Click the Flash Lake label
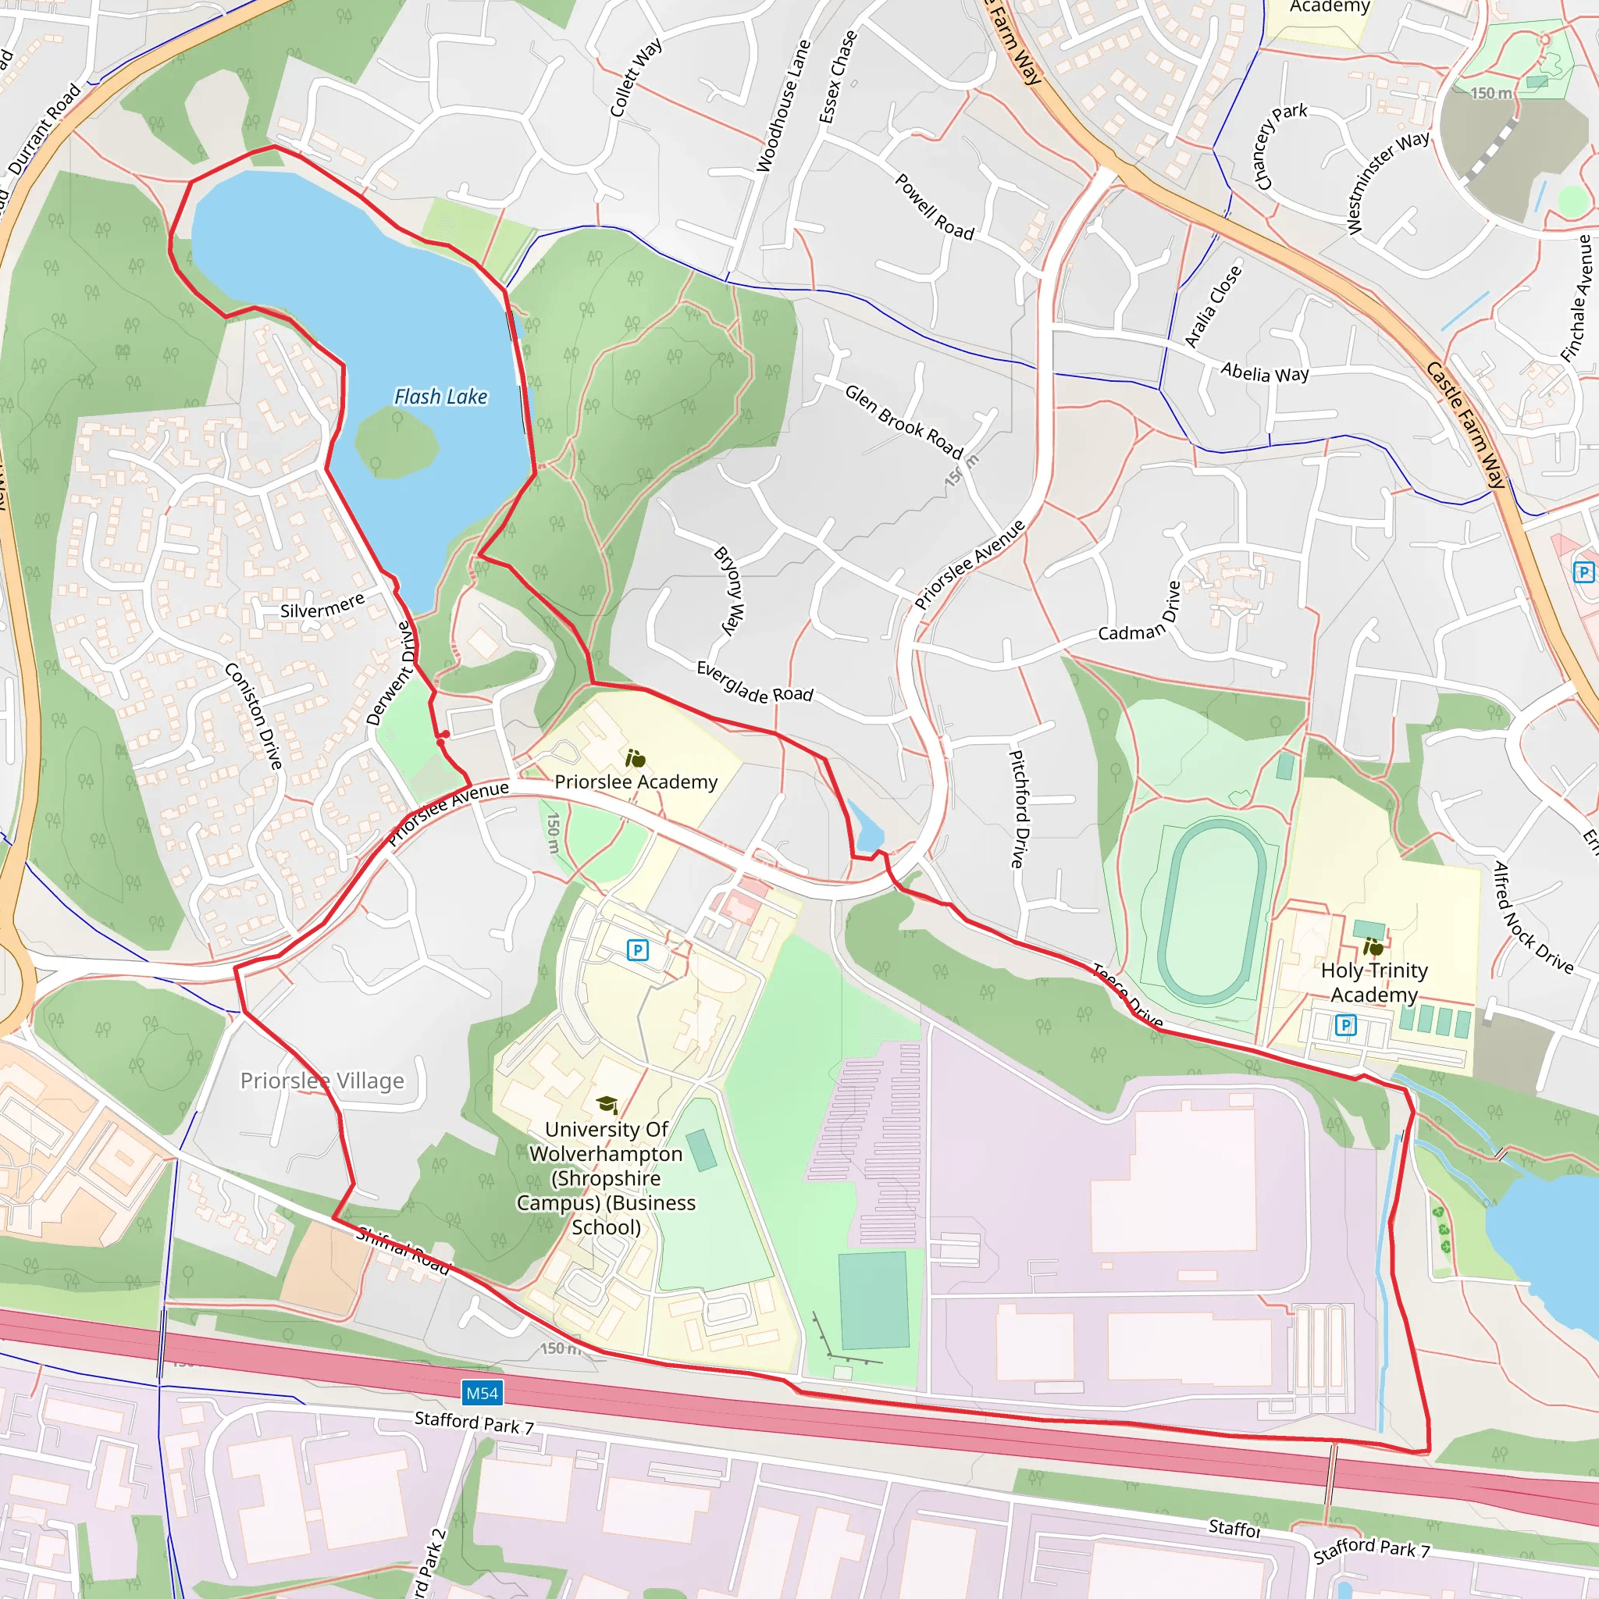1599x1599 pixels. click(440, 397)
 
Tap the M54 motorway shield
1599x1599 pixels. click(482, 1393)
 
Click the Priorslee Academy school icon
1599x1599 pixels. click(636, 758)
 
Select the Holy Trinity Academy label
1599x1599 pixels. click(1374, 982)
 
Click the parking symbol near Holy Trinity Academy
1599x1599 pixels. click(1346, 1025)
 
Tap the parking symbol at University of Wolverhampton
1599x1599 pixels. click(637, 950)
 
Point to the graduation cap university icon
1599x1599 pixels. click(607, 1105)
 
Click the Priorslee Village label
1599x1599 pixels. click(322, 1081)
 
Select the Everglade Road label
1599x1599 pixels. click(755, 683)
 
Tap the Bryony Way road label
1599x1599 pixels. click(730, 590)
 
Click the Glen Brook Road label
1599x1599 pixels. click(904, 422)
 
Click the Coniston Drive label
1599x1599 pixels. click(254, 715)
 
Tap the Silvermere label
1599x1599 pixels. click(322, 606)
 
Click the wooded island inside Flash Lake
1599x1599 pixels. click(396, 443)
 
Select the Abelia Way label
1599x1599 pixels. click(1265, 372)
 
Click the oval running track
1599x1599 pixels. click(1212, 910)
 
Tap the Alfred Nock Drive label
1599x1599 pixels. click(1532, 918)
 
